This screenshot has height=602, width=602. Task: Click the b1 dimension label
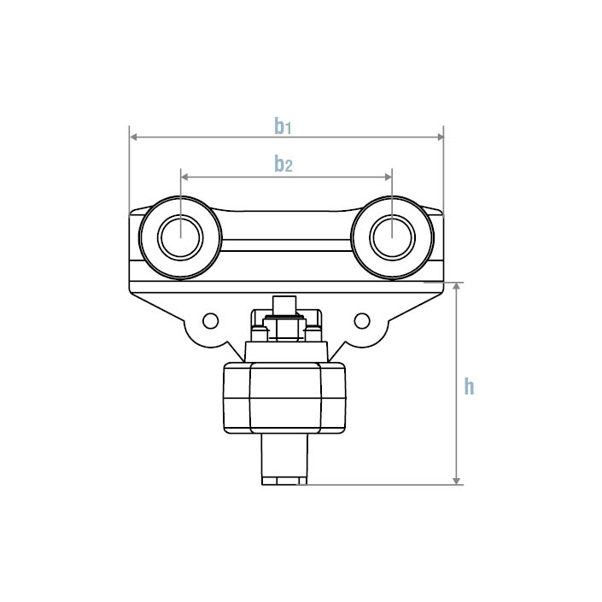pos(283,126)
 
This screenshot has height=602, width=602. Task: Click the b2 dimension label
pos(283,164)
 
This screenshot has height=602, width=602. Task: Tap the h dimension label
pos(469,387)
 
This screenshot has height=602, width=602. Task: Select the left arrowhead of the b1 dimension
pos(133,136)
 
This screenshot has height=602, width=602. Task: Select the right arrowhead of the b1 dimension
pos(440,136)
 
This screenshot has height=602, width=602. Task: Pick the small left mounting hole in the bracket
pos(210,320)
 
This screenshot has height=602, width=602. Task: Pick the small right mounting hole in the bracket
pos(362,320)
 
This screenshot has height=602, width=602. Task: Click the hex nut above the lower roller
pos(285,328)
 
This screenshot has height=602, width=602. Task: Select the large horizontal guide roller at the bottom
pos(285,397)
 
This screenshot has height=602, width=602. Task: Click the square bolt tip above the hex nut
pos(285,306)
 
